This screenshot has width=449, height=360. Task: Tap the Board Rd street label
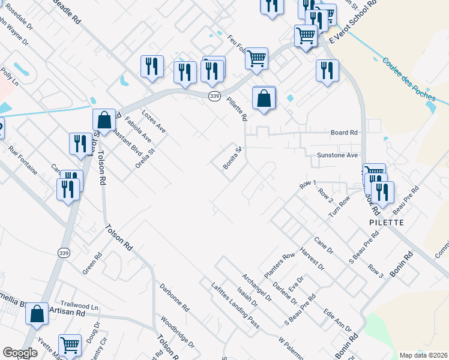click(x=344, y=133)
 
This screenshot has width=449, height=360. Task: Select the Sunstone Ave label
click(x=337, y=155)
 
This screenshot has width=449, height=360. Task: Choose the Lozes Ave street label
click(x=153, y=121)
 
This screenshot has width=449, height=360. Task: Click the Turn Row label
click(x=339, y=207)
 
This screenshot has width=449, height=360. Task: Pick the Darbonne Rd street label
click(x=175, y=298)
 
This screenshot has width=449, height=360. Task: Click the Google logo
click(x=20, y=352)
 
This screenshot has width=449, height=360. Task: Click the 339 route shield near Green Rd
click(x=64, y=253)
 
